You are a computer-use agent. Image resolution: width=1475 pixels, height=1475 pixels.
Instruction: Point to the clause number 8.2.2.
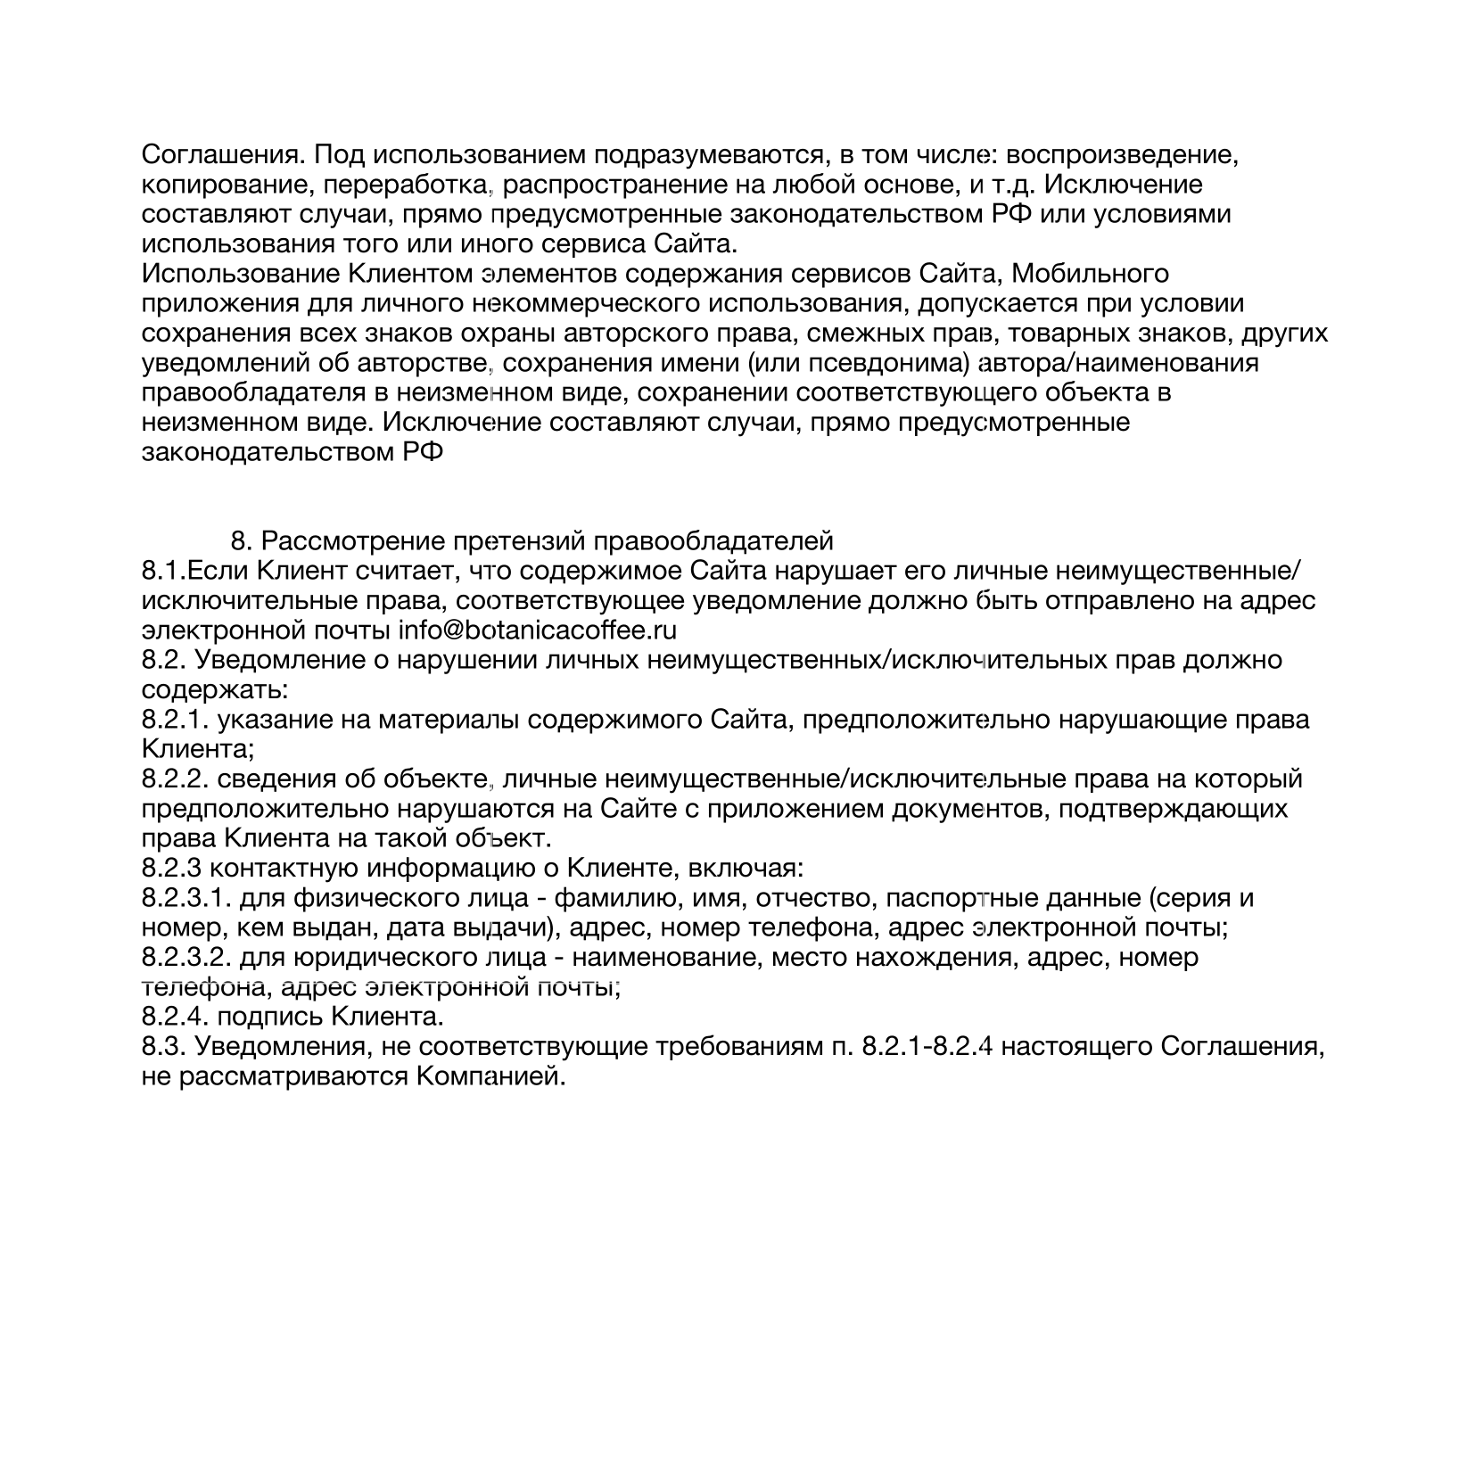tap(175, 779)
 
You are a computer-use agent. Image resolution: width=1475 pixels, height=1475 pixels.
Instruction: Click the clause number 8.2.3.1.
tap(186, 898)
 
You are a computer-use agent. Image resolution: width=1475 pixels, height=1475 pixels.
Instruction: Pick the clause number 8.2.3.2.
tap(186, 958)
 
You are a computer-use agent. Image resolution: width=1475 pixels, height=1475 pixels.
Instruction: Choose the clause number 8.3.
tap(163, 1046)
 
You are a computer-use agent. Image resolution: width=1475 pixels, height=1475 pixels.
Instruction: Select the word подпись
tap(270, 1017)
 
